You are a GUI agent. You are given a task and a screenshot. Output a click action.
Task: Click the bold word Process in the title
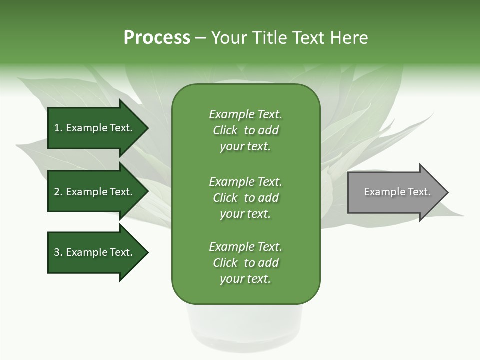[157, 38]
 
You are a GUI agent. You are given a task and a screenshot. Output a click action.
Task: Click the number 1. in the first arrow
[58, 128]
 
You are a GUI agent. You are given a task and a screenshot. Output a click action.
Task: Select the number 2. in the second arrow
[58, 192]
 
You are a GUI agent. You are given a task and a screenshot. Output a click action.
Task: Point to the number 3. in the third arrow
[58, 252]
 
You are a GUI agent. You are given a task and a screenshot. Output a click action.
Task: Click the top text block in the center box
[245, 130]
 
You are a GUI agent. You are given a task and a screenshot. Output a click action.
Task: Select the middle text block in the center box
[245, 197]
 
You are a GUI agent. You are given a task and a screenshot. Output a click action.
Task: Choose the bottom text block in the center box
[245, 263]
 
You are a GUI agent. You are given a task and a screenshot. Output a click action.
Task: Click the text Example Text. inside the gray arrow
[397, 192]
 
